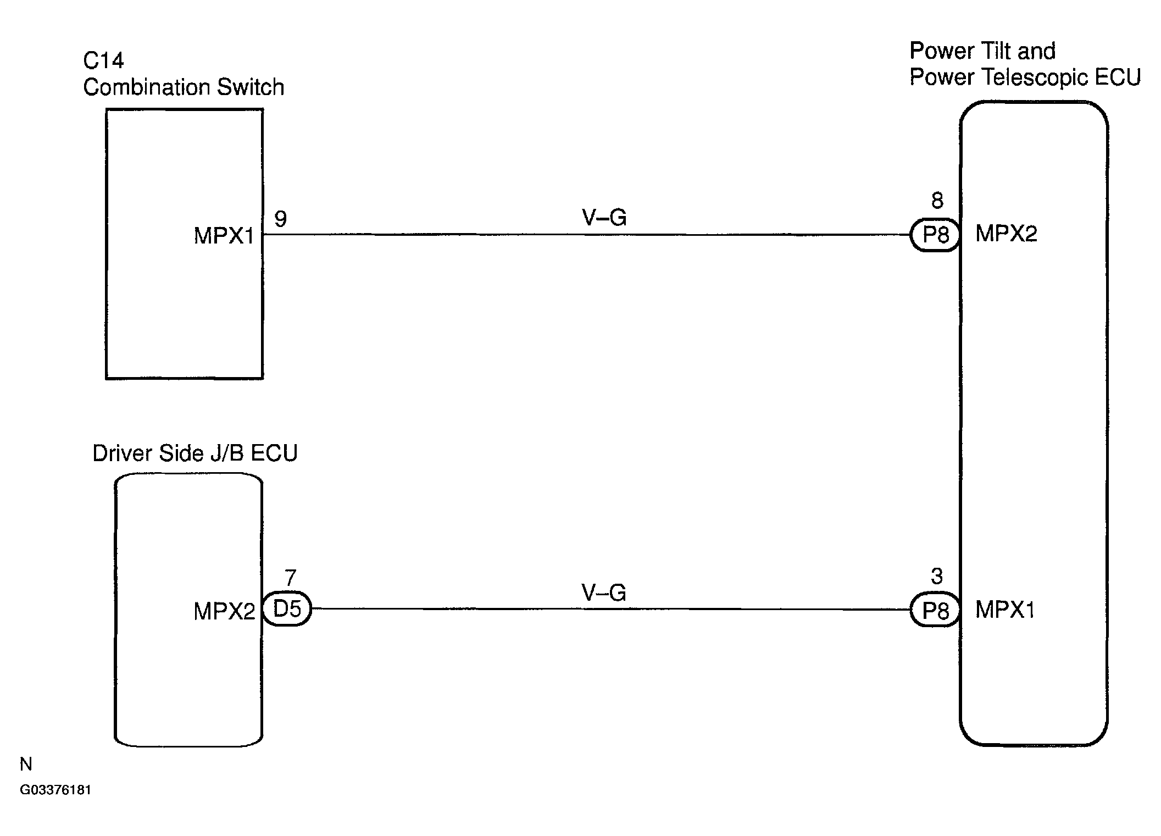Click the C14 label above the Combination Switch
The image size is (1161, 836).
point(103,60)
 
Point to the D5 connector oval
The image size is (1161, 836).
point(287,609)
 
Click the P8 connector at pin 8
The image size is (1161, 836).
point(935,235)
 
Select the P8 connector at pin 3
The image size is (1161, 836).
point(935,610)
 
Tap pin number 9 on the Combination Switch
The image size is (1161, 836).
point(280,219)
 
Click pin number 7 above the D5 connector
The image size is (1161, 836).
point(290,578)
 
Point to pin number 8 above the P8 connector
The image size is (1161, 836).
point(937,201)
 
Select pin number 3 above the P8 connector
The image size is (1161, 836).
point(937,576)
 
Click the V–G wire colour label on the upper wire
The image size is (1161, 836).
point(604,218)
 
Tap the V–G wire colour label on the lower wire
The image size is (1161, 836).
point(604,593)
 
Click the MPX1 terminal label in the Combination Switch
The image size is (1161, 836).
point(224,236)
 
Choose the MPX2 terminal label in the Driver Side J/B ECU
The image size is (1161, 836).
point(224,611)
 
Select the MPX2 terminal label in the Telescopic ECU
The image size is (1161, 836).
point(1006,234)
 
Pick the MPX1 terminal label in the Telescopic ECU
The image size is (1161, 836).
point(1005,610)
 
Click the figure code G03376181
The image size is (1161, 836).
point(55,790)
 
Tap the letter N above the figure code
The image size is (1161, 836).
point(26,764)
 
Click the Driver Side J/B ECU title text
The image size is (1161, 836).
point(195,453)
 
